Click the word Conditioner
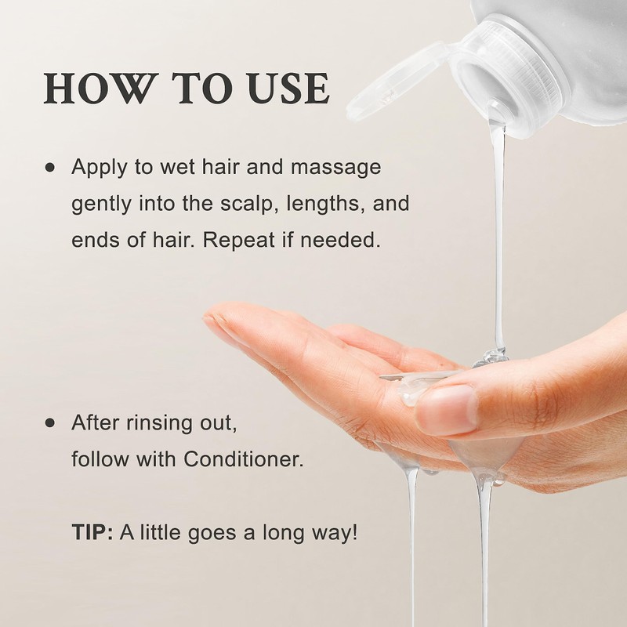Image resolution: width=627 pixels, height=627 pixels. point(242,458)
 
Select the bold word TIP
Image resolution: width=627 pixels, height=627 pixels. point(92,532)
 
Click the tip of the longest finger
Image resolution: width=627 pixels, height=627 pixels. point(210,321)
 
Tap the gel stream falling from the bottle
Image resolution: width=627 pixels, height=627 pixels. point(498,235)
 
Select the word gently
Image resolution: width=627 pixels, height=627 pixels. point(97,204)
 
